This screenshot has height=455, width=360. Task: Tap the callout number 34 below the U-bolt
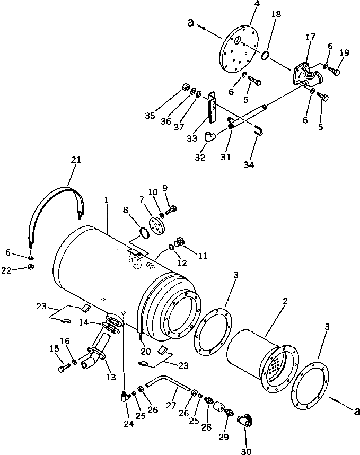249,165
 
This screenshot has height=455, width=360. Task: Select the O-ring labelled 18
267,54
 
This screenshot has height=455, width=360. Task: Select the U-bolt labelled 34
258,130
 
